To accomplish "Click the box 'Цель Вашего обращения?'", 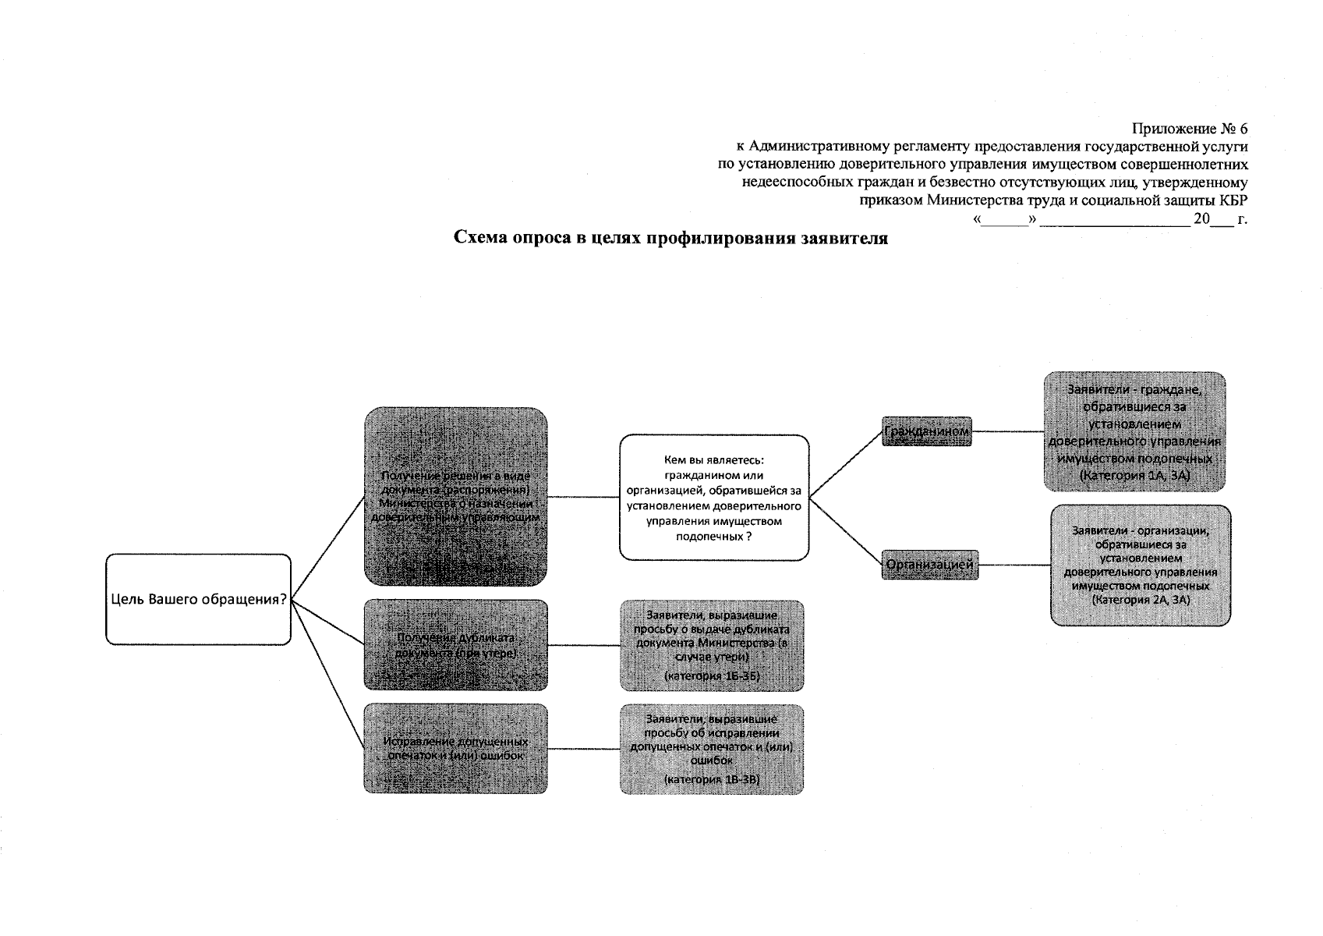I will [x=198, y=599].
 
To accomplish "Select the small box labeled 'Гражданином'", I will [x=926, y=431].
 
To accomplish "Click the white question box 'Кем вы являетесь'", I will [x=713, y=497].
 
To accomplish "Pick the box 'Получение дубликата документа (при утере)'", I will [x=455, y=644].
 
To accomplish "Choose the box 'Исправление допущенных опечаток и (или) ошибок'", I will [x=455, y=749].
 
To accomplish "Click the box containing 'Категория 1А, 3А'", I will [x=1134, y=431].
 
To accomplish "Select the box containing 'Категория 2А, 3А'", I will [x=1141, y=565].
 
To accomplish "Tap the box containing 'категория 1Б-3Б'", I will [x=712, y=645].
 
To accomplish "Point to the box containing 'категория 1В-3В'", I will [x=712, y=749].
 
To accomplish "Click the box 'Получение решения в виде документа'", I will [x=455, y=496].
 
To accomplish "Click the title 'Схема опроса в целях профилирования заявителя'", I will [x=671, y=239].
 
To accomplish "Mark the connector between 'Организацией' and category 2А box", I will [x=1013, y=565].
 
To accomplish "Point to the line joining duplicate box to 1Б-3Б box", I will [x=583, y=645].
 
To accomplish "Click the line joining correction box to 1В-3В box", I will [x=583, y=749].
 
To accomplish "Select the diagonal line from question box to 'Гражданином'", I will [x=845, y=465].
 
